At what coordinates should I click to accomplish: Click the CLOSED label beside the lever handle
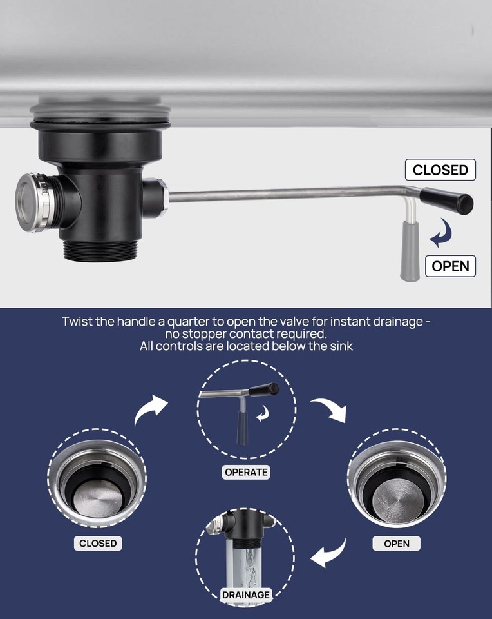tap(440, 170)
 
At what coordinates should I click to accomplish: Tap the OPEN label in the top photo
tap(450, 266)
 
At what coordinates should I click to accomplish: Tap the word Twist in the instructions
tap(77, 320)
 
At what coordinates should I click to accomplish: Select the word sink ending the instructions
tap(339, 346)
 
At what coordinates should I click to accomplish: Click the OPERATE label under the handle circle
tap(246, 472)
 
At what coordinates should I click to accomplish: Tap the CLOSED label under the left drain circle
tap(98, 543)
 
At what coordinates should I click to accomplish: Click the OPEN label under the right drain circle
tap(396, 543)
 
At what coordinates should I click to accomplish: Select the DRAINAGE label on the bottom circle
tap(246, 594)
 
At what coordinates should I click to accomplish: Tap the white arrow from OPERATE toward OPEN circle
tap(330, 410)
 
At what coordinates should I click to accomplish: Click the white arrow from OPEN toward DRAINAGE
tap(330, 553)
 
